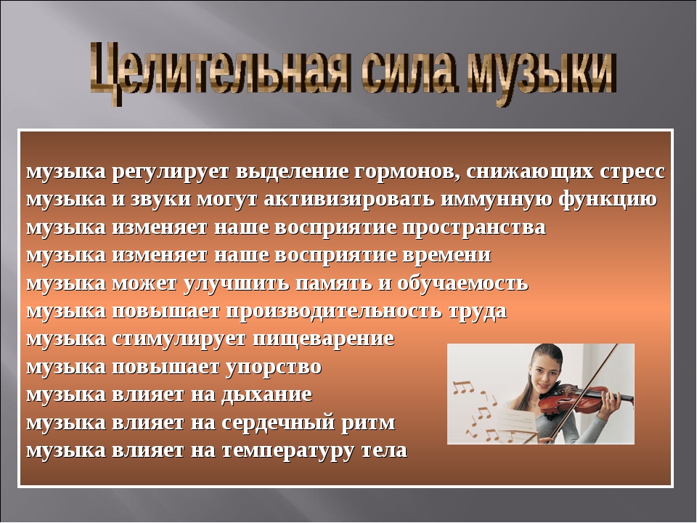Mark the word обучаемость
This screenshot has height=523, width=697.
tap(462, 284)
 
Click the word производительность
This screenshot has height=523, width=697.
tap(334, 312)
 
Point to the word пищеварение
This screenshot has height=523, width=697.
tap(323, 340)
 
